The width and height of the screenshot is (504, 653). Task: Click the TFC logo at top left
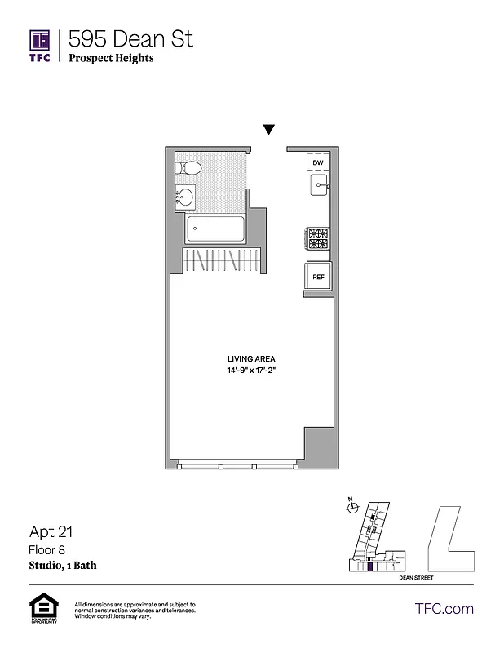(40, 46)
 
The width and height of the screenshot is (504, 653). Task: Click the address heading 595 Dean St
(130, 38)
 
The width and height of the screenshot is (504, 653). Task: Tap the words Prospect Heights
(111, 58)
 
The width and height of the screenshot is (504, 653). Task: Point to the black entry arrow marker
(268, 130)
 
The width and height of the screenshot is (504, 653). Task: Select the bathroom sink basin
(186, 197)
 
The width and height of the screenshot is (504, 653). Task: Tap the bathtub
(216, 229)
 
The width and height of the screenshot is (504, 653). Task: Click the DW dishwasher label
(318, 163)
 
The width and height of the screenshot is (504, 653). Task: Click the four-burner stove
(317, 238)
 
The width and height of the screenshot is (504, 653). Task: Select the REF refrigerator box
(318, 277)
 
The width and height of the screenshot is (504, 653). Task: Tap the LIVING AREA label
(251, 358)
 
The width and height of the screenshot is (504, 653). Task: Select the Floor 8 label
(45, 550)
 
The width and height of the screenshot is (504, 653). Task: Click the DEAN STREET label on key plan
(417, 577)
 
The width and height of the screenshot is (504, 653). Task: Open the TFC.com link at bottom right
(444, 608)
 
